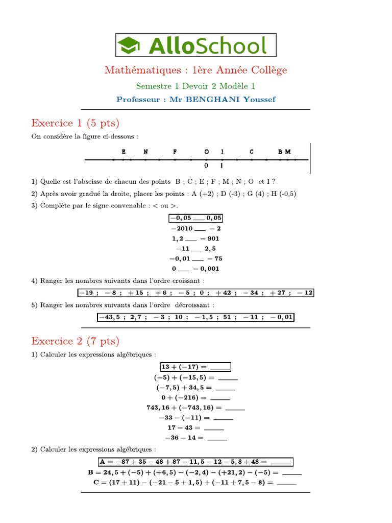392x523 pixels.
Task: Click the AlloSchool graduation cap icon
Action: [x=130, y=45]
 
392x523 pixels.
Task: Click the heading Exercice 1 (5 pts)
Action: [x=75, y=123]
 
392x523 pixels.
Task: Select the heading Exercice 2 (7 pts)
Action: [x=75, y=341]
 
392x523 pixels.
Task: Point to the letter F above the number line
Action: [x=175, y=152]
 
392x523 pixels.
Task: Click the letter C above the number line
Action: [x=252, y=152]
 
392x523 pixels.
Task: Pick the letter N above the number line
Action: [x=145, y=152]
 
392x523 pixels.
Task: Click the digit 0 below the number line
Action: [x=206, y=165]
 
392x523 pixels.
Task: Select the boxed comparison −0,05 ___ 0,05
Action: [x=196, y=219]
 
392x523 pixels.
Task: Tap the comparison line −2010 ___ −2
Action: [x=196, y=228]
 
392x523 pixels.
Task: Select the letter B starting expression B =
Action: [x=91, y=472]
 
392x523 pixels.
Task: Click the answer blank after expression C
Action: [x=286, y=483]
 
